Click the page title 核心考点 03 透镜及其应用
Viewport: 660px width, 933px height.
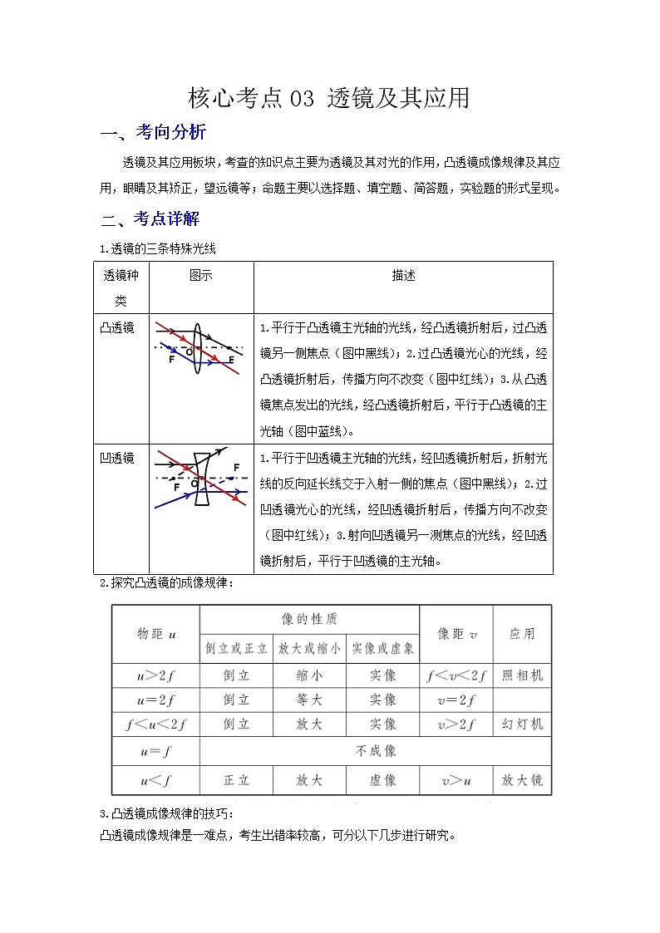pos(329,99)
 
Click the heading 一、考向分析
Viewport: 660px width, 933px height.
pos(153,134)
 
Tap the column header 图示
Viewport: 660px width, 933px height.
pos(200,275)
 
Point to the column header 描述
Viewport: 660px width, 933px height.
pos(403,275)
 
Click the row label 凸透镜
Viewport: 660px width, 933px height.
pos(117,327)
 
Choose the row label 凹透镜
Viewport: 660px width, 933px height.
pos(117,458)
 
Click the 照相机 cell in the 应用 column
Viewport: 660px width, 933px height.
pos(522,675)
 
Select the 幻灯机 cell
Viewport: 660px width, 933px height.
pos(522,724)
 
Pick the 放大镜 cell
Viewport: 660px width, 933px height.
pos(522,780)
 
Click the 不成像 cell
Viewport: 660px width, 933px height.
pos(376,751)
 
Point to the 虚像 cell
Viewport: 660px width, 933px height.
pos(382,780)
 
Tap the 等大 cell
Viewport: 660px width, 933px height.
pos(309,700)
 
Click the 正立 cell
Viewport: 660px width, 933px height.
pos(236,780)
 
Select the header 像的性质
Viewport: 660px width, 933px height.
pos(309,620)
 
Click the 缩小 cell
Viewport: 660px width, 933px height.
pos(309,675)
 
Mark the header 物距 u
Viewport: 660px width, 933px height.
pos(156,634)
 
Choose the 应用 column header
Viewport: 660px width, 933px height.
pos(522,634)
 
